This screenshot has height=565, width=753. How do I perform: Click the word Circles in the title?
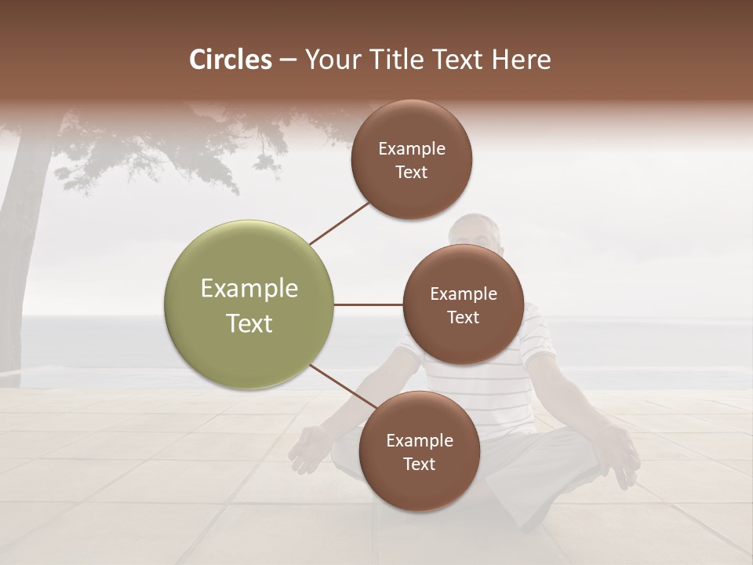click(x=231, y=60)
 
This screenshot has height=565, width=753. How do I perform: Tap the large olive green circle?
click(x=249, y=304)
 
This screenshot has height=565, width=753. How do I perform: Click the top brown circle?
click(x=412, y=159)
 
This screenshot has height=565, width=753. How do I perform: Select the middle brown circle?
click(x=463, y=304)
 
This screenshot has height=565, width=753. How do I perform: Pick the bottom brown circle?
click(x=419, y=451)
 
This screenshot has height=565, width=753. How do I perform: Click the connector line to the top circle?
click(x=339, y=223)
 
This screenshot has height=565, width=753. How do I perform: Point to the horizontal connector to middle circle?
click(x=368, y=304)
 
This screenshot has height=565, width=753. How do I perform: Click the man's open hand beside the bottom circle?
click(x=308, y=450)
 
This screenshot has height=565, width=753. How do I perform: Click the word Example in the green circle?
click(x=249, y=288)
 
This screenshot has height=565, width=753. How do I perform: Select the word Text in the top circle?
click(x=411, y=172)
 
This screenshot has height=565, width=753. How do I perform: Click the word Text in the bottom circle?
click(x=419, y=464)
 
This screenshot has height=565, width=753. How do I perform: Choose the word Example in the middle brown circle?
click(x=463, y=293)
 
